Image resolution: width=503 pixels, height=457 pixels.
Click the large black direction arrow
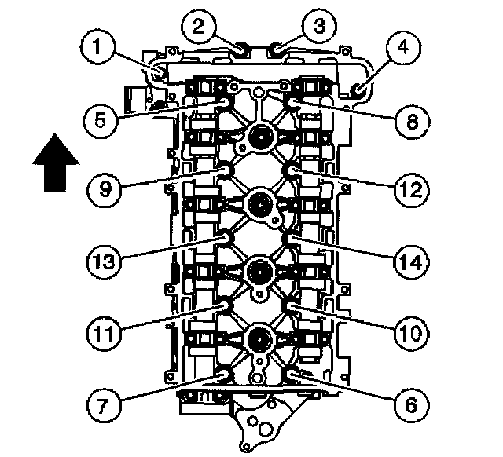tap(56, 162)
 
